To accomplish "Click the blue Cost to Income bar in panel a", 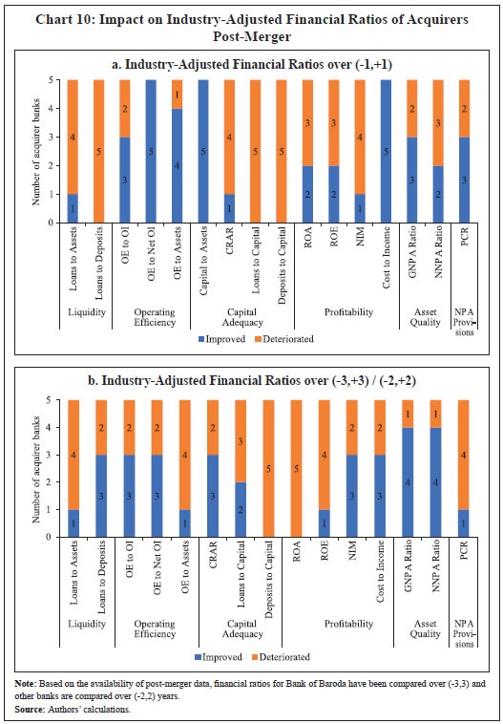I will [x=386, y=151].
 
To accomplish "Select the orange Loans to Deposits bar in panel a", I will [x=96, y=151].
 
